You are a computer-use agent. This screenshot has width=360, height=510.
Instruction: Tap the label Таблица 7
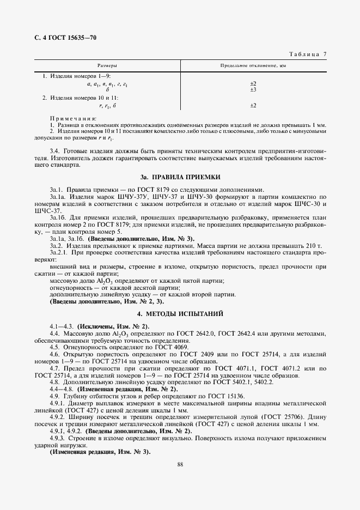308,53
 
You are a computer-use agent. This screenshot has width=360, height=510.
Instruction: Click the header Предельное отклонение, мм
253,65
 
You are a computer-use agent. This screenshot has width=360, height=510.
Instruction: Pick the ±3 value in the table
253,89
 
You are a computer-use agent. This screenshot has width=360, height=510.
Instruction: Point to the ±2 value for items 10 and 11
253,105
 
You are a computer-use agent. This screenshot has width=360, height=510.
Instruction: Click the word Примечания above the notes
73,118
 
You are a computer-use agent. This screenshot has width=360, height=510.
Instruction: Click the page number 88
180,464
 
